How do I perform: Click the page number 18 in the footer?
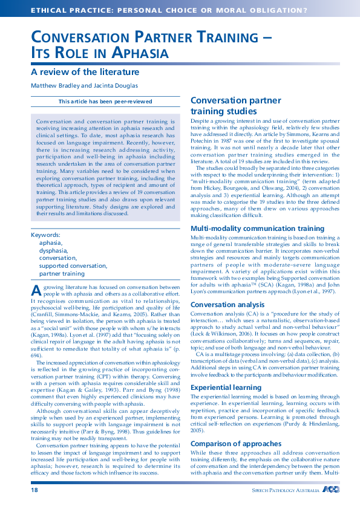(34, 491)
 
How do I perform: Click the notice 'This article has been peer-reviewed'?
(105, 102)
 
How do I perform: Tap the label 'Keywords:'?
(45, 235)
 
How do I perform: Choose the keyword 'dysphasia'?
(53, 250)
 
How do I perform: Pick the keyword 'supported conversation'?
(73, 265)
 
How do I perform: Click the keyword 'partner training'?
(62, 273)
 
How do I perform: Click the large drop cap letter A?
(36, 290)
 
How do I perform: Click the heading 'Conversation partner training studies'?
(235, 106)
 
